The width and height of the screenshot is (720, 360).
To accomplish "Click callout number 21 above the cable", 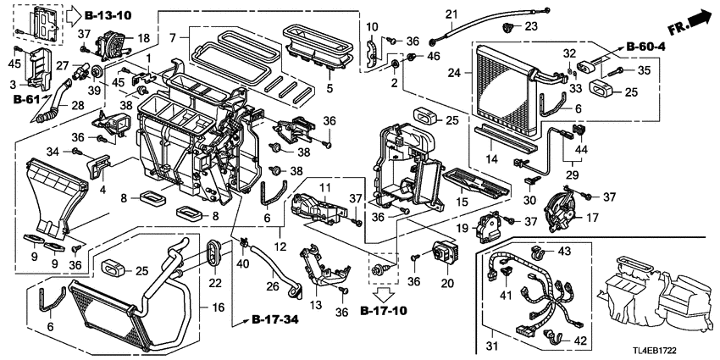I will (451, 14).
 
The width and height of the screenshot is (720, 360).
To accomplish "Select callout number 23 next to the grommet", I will (531, 27).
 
